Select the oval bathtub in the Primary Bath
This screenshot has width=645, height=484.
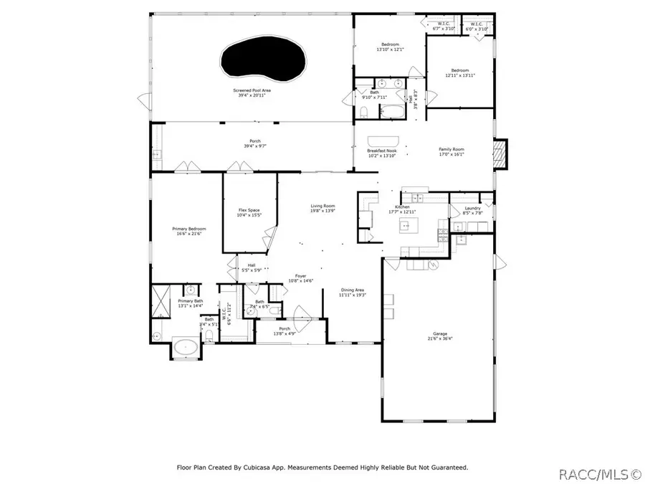click(186, 349)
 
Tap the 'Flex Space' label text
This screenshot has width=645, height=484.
click(249, 210)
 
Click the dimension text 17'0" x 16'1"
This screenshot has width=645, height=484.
click(451, 155)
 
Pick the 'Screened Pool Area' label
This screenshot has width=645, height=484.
click(252, 90)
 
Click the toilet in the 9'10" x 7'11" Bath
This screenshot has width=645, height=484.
click(363, 111)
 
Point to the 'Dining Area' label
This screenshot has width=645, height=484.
click(352, 290)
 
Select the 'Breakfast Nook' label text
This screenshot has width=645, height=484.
click(382, 150)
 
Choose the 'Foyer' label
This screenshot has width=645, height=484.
click(301, 275)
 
